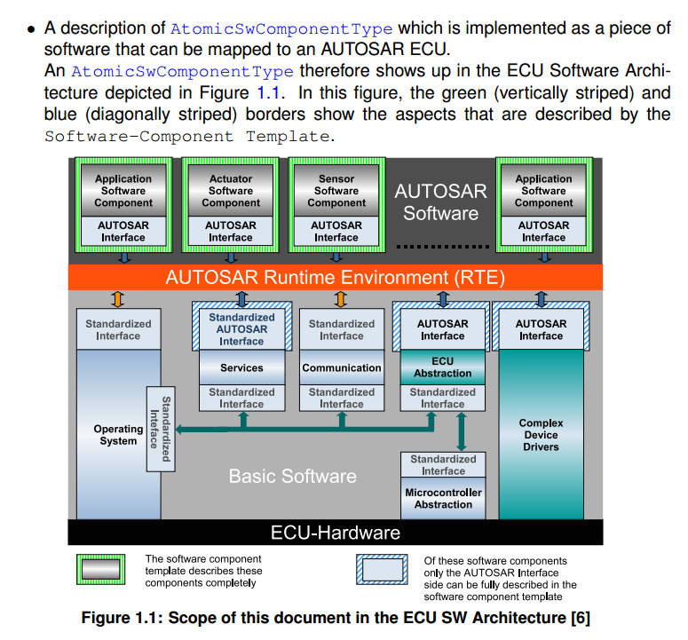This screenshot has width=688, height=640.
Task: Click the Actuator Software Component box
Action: (231, 191)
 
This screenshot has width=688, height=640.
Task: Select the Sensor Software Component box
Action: (336, 191)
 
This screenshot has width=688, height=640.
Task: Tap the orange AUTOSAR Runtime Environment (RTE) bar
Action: (336, 277)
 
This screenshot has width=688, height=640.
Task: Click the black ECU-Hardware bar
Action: (336, 533)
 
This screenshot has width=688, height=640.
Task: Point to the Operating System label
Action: (118, 435)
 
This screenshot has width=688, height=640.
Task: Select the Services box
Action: (241, 367)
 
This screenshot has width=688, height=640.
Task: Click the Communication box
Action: (342, 367)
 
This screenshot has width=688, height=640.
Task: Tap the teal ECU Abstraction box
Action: (442, 367)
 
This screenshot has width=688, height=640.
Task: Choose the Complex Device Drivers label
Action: (541, 435)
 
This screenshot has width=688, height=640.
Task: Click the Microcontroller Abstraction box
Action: (443, 499)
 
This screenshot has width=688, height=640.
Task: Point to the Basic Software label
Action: (292, 476)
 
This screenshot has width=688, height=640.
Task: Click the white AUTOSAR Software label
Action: (440, 202)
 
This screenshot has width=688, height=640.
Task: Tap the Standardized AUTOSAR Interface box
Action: (241, 329)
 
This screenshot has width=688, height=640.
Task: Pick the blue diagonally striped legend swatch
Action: (382, 570)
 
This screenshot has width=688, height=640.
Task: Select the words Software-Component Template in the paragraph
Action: (187, 136)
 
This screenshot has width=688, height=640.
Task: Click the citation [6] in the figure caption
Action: (579, 618)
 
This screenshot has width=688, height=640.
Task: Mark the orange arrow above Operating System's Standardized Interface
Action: (118, 299)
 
